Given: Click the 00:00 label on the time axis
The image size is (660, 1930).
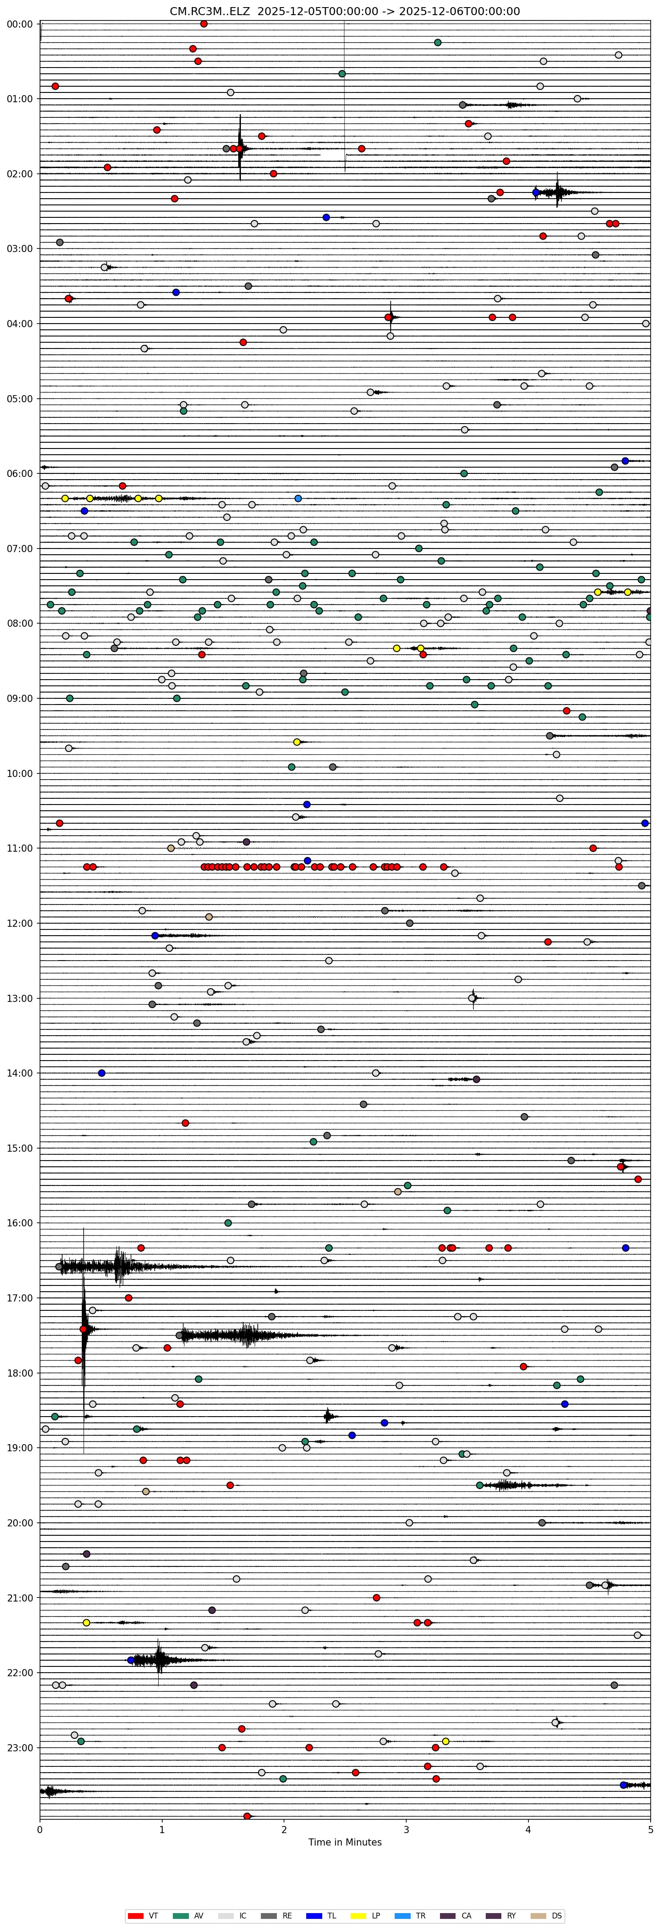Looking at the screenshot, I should coord(20,24).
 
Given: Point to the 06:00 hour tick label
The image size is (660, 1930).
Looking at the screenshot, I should coord(20,473).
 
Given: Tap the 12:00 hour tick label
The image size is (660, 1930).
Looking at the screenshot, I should coord(20,923).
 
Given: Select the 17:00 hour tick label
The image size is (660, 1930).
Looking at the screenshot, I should coord(20,1297).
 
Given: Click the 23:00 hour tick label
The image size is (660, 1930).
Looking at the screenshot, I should coord(20,1747).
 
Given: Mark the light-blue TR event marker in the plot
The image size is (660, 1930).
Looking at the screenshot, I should coord(298,498).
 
